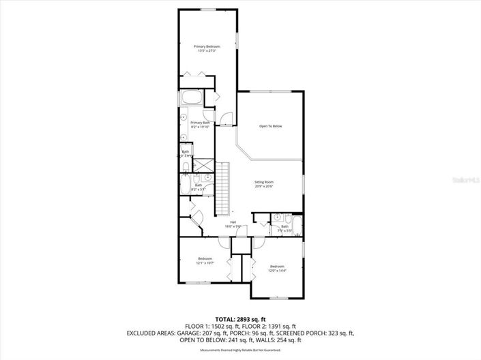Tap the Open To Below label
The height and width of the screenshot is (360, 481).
click(270, 126)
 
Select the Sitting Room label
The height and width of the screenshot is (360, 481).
click(264, 184)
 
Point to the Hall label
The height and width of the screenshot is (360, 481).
click(233, 224)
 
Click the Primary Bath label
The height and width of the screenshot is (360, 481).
click(200, 124)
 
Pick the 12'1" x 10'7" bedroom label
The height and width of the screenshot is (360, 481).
click(205, 260)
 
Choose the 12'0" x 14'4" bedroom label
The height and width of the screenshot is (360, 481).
click(276, 268)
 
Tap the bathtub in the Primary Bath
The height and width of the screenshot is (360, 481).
click(190, 98)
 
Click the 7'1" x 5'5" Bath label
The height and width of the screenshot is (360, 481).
click(285, 228)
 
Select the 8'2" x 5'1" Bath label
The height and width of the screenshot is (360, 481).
click(199, 187)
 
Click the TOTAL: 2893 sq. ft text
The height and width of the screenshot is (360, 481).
click(240, 319)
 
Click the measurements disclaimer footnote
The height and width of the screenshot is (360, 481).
click(240, 350)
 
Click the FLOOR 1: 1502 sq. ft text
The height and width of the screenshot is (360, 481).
click(210, 327)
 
